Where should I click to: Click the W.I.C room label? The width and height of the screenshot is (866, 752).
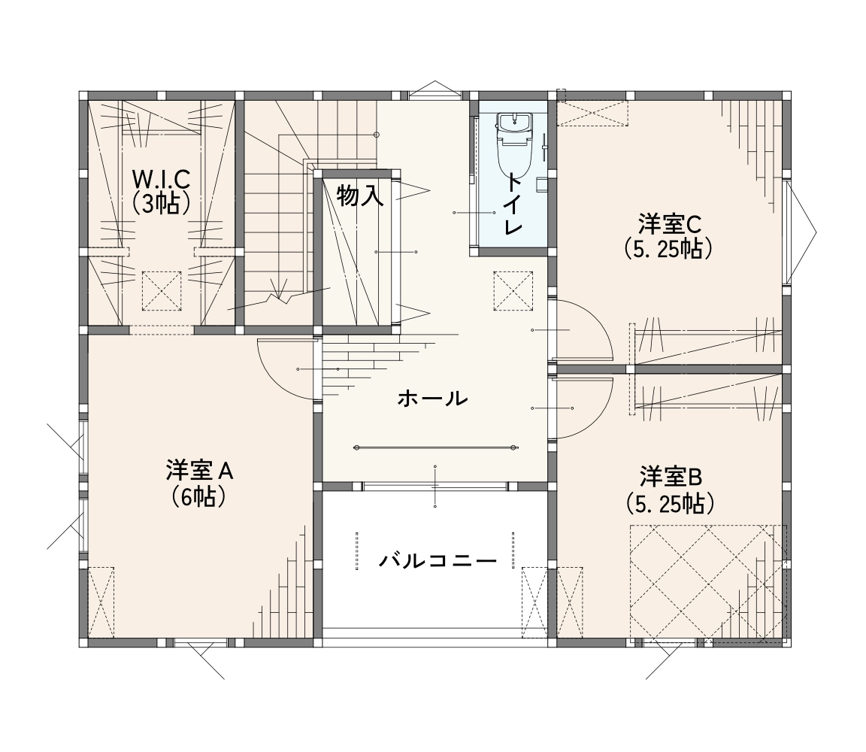162,178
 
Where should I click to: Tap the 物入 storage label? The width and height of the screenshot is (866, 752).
360,196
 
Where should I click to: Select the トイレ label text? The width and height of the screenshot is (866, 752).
513,203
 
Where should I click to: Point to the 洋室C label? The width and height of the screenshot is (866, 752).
669,224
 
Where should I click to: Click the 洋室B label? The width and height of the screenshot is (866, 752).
671,476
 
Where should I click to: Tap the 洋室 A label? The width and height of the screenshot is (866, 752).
199,471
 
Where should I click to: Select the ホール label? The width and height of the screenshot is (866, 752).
432,398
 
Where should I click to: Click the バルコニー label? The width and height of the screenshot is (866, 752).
438,562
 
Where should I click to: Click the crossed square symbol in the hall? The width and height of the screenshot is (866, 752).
513,290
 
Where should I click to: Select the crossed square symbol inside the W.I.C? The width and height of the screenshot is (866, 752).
162,290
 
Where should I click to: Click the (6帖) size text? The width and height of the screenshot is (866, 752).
198,497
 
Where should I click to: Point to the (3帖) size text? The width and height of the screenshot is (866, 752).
162,203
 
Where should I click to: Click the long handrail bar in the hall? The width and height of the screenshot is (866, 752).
435,447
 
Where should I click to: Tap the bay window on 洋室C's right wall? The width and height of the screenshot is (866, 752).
798,232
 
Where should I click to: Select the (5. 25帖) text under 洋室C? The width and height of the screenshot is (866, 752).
668,250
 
